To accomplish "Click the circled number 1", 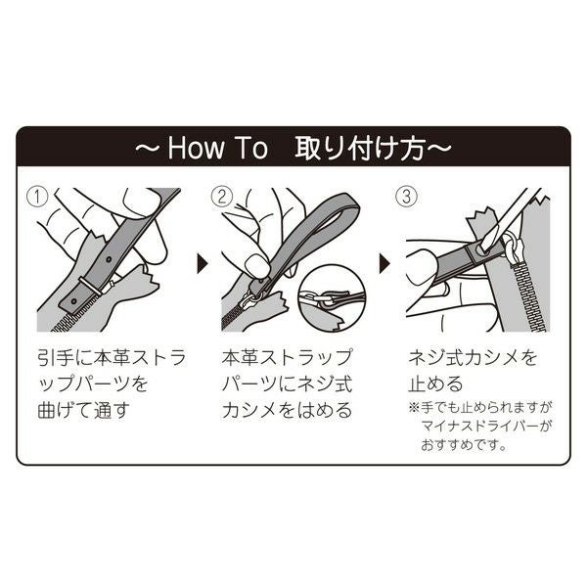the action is pos(39,197).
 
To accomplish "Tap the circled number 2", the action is pos(222,197).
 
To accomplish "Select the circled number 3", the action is pos(407,197).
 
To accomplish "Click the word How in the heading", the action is pos(195,149).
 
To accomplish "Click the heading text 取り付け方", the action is pos(360,149).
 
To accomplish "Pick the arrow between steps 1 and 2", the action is pos(203,264).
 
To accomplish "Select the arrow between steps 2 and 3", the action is pos(384,264).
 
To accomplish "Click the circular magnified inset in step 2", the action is pos(332,298).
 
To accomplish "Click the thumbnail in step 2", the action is pos(256,265).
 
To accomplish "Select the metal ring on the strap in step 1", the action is pos(90,287).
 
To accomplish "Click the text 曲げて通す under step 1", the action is pos(84,410).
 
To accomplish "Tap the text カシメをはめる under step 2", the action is pos(287,410).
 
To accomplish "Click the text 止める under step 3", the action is pos(435,384).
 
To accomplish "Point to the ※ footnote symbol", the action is pos(413,407).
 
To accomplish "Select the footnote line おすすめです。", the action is pos(464,445).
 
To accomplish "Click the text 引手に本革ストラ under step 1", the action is pos(112,357).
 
